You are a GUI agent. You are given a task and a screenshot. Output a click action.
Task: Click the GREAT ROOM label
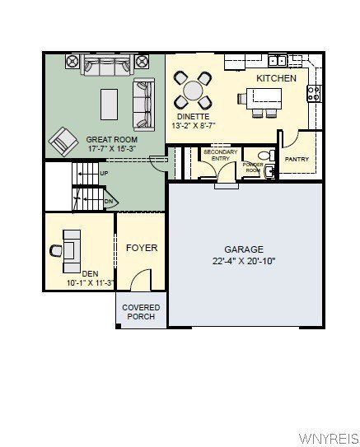[112, 140]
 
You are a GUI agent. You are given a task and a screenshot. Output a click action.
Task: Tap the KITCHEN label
[277, 77]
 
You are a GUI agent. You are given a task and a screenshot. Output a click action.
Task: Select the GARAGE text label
[244, 249]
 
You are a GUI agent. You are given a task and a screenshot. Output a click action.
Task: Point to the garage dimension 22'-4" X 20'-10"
[244, 261]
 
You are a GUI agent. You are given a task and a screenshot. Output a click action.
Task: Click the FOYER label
[141, 247]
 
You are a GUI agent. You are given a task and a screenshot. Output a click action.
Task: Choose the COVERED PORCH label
[141, 313]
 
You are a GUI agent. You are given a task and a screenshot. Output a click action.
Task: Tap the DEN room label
[90, 273]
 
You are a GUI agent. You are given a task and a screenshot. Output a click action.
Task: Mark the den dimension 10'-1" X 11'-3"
[91, 283]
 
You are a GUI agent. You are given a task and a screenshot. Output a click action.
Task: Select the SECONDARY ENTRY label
[221, 156]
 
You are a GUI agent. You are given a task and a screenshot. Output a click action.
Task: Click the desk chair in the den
[56, 249]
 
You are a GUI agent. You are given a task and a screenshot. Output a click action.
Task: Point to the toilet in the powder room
[264, 155]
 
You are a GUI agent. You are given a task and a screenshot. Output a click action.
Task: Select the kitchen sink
[278, 60]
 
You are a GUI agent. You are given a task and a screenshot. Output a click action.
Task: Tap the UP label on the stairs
[104, 174]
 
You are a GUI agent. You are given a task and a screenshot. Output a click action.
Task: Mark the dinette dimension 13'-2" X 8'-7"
[194, 126]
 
